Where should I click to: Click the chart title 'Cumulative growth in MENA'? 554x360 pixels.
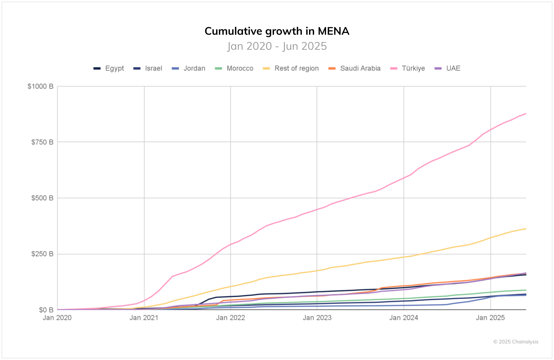coord(277,31)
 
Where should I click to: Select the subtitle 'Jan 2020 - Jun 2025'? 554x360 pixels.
coord(277,46)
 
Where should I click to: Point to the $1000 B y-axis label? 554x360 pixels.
coord(40,86)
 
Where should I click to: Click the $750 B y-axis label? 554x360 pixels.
coord(42,142)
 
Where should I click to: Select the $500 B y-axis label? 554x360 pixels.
coord(42,198)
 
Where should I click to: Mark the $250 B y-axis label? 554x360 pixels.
coord(42,254)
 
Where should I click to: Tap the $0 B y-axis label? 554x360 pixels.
coord(46,310)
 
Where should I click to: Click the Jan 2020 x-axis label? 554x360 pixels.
coord(57,318)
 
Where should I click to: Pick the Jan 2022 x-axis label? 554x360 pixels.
coord(231,318)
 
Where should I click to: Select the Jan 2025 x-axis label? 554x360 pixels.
coord(490,318)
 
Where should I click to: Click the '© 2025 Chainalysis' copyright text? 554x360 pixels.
coord(516,342)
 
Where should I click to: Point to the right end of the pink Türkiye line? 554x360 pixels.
coord(526,114)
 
